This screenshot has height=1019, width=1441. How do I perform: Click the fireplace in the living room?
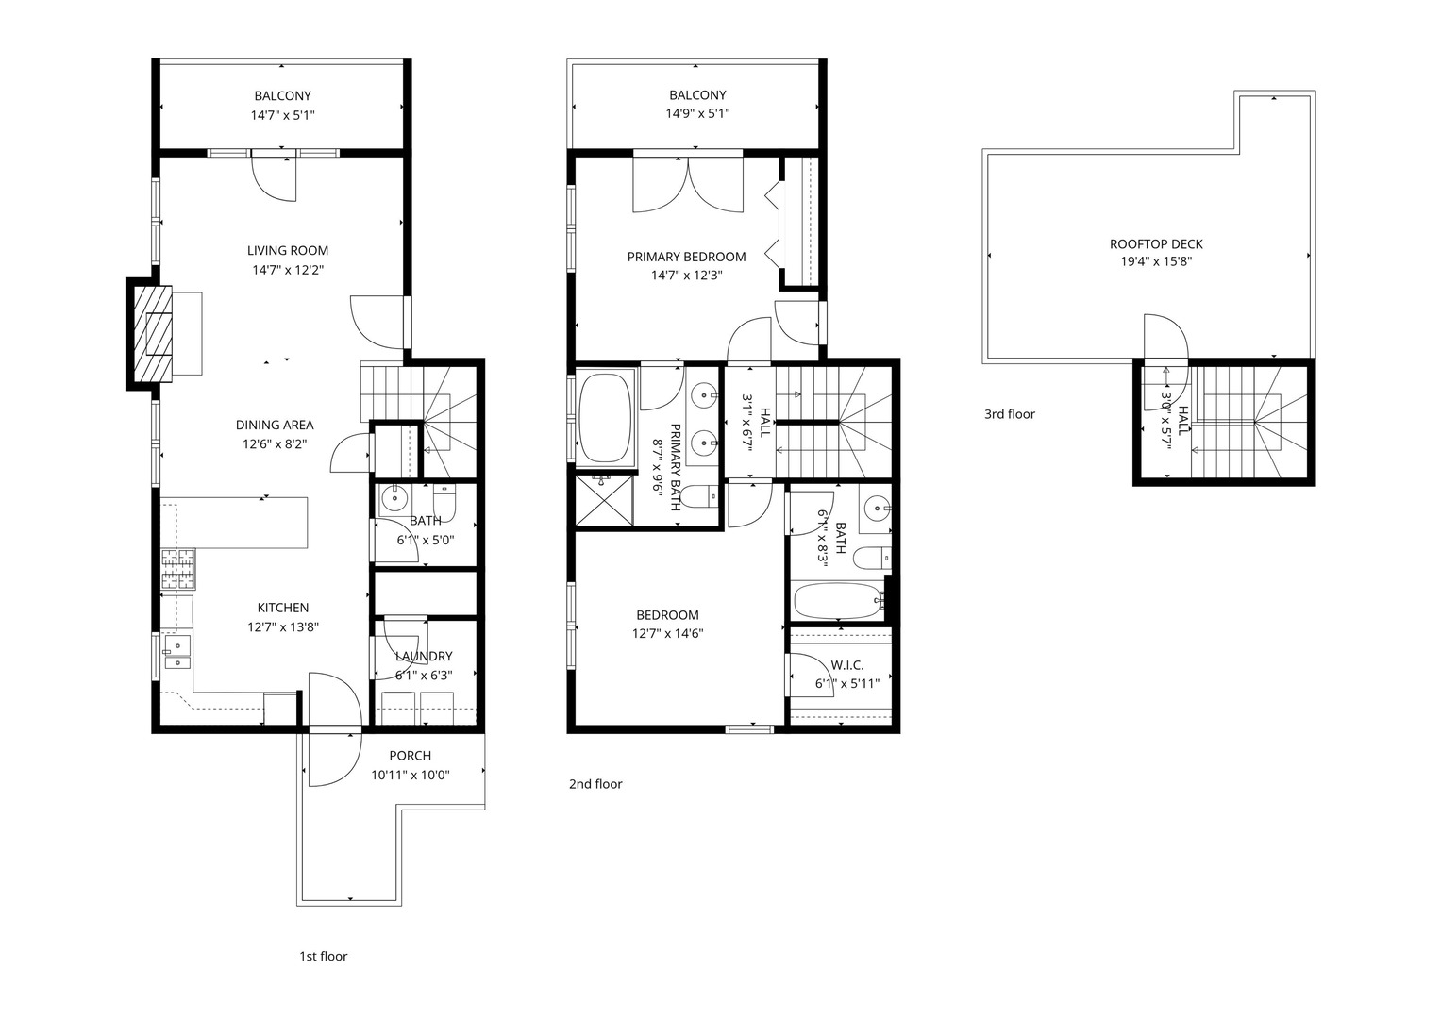(152, 333)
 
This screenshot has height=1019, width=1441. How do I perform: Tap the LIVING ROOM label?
(288, 251)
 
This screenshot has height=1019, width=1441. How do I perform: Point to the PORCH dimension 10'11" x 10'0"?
(410, 776)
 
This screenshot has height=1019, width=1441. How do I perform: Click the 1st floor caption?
(323, 957)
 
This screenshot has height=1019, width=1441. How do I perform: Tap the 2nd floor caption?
(595, 784)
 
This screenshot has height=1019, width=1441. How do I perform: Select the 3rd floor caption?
(1009, 414)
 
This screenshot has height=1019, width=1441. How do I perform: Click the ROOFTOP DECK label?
(1156, 244)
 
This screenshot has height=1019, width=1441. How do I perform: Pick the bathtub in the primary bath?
(605, 418)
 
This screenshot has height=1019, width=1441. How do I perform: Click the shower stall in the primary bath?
(604, 499)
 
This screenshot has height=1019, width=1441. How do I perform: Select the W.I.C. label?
(847, 665)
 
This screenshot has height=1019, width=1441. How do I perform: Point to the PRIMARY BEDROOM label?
(686, 257)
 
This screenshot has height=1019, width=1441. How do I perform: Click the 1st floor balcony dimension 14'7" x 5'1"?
(282, 115)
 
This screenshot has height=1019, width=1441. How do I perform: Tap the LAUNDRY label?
(424, 657)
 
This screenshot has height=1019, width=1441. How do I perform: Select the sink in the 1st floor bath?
(394, 497)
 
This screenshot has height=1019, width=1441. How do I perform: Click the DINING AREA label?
(275, 426)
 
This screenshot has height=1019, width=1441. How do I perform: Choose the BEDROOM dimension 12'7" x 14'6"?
(667, 634)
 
